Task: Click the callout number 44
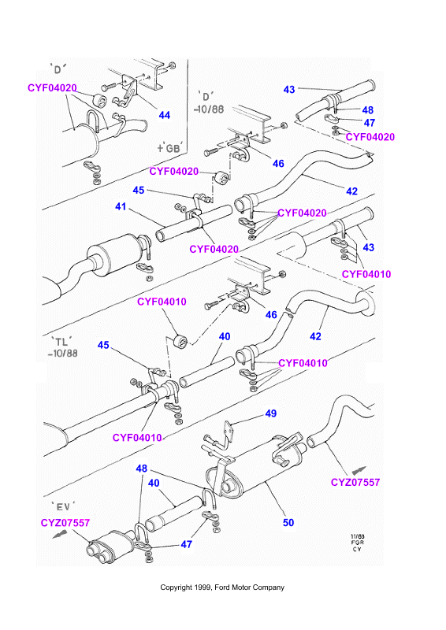pyautogui.click(x=165, y=115)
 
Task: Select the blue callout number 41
pyautogui.click(x=121, y=206)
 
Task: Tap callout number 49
pyautogui.click(x=270, y=413)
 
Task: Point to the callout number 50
pyautogui.click(x=288, y=523)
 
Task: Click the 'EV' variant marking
pyautogui.click(x=63, y=506)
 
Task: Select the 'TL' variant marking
pyautogui.click(x=61, y=342)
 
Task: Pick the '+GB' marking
pyautogui.click(x=170, y=148)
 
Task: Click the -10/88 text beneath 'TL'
pyautogui.click(x=62, y=354)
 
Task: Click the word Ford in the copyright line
pyautogui.click(x=222, y=587)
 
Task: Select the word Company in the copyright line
pyautogui.click(x=269, y=587)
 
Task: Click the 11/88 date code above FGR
pyautogui.click(x=357, y=536)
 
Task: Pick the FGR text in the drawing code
pyautogui.click(x=357, y=543)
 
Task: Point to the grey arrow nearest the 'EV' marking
pyautogui.click(x=60, y=535)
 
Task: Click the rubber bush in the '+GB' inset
pyautogui.click(x=99, y=101)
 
